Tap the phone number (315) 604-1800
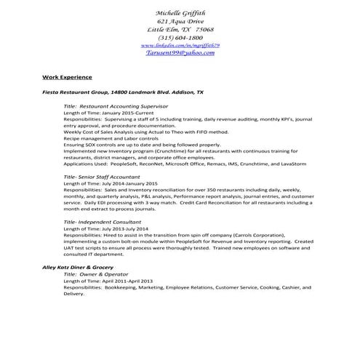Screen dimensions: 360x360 (180, 37)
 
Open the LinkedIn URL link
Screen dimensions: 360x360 (180, 45)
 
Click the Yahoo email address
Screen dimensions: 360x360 (180, 53)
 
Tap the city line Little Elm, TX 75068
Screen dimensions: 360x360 (180, 29)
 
